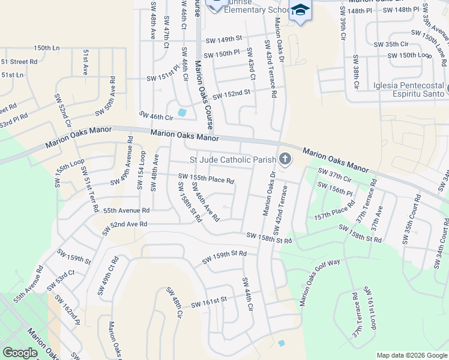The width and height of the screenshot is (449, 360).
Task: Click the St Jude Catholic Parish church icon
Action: pos(285,160)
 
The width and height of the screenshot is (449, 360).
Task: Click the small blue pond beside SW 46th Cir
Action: pos(182,112)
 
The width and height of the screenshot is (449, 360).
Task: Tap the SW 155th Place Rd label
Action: pos(206,178)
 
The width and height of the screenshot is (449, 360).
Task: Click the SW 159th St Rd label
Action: pos(224,257)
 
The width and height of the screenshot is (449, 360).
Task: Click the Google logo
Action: pos(20,353)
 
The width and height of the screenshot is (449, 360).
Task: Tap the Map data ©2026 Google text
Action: pos(411,355)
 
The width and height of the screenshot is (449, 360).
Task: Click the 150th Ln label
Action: pos(47,47)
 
